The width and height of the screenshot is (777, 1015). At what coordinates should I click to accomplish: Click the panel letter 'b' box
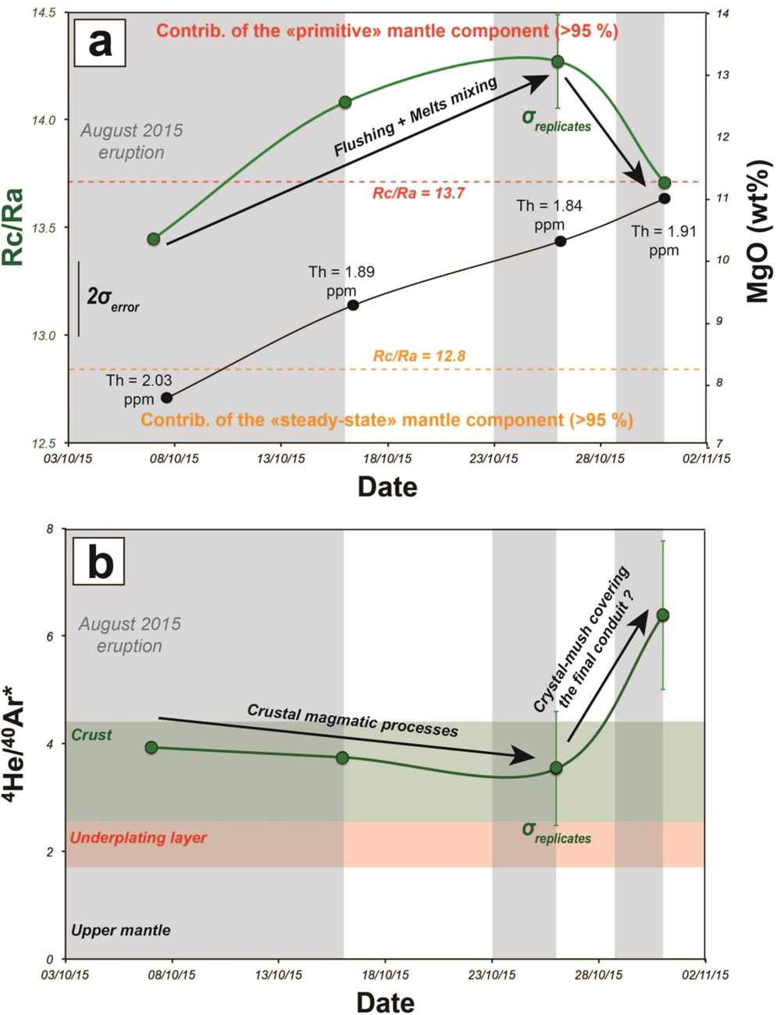point(99,561)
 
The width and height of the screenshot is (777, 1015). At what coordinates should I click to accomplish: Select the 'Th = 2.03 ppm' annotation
point(139,390)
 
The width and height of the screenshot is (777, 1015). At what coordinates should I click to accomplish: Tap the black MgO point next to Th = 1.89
point(353,304)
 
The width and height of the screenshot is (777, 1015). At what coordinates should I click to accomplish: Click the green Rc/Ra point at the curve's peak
point(558,62)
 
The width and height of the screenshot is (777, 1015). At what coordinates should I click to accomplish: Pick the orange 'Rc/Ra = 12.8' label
point(419,356)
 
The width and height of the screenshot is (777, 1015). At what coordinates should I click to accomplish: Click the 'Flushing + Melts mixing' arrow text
point(415,117)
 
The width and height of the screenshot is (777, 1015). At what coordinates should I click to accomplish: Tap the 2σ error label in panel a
point(112,299)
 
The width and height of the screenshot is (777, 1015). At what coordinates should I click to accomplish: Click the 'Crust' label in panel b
point(91,735)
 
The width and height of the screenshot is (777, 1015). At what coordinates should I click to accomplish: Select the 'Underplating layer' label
point(138,838)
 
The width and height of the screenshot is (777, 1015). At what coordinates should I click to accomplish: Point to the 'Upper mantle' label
point(121,930)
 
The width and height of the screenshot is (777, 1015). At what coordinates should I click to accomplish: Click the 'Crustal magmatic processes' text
point(352,719)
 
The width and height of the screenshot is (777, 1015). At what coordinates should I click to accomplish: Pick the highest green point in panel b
point(663,615)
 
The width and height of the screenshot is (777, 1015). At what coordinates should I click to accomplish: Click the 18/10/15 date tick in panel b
point(387,975)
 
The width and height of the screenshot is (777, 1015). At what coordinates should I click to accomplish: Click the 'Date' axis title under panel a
point(387,487)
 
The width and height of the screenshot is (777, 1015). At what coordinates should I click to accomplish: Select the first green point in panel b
point(151,747)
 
